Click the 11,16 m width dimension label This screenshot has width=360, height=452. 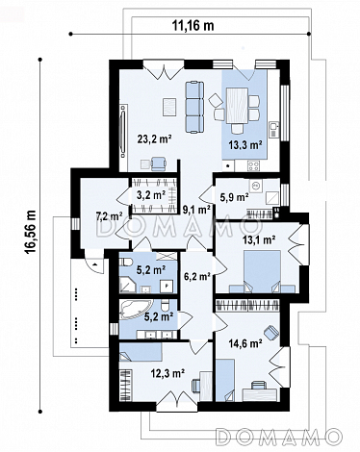(x=193, y=25)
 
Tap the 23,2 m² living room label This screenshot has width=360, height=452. (x=155, y=139)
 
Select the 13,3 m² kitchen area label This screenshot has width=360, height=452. (x=245, y=145)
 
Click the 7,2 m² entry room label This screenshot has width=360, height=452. (x=109, y=216)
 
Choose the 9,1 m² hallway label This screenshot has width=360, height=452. (x=196, y=210)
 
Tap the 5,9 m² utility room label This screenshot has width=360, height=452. (x=234, y=197)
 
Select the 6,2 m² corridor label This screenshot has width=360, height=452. (x=196, y=276)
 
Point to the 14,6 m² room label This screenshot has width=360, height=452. (x=244, y=343)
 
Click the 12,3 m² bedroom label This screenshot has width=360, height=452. (x=167, y=373)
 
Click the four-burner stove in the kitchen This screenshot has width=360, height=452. (x=253, y=165)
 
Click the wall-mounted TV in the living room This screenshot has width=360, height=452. (x=123, y=131)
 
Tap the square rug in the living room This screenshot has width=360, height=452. (x=169, y=107)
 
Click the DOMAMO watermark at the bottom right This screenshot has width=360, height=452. (x=278, y=437)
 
